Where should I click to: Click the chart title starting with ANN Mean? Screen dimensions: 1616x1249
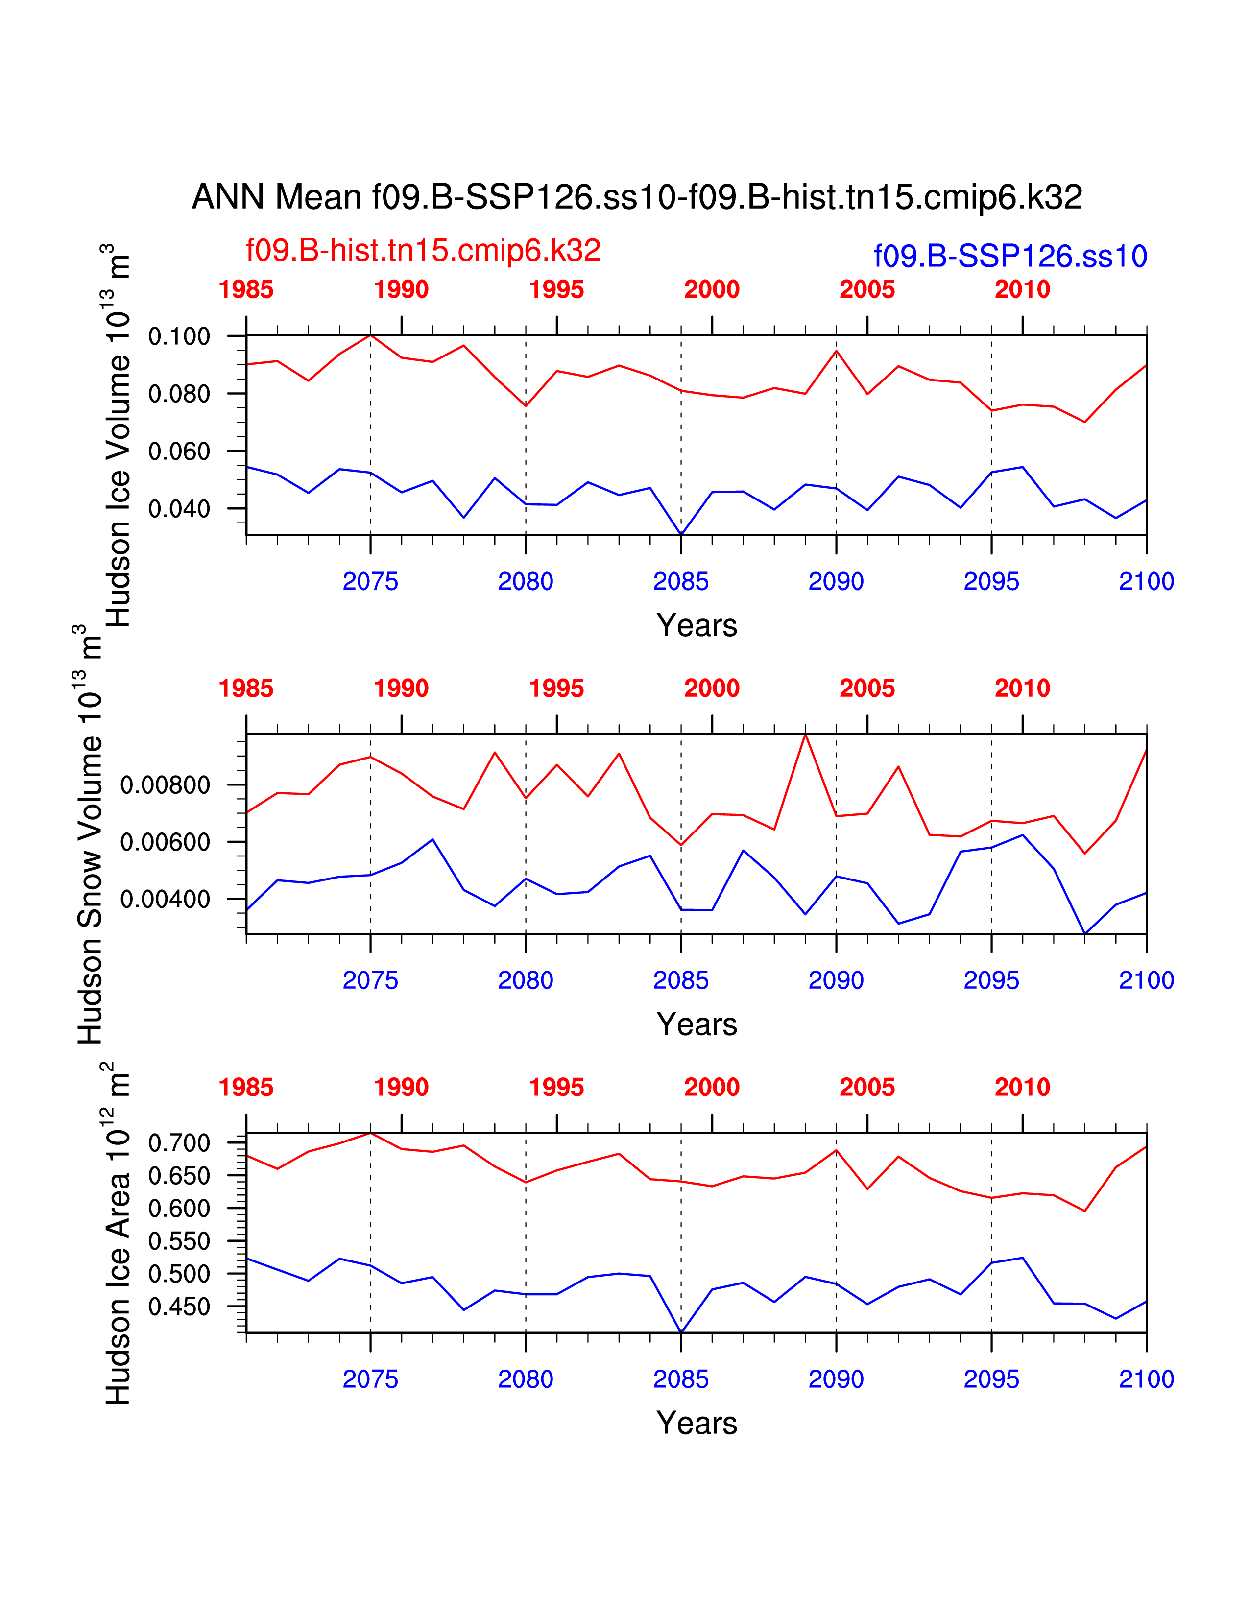tap(637, 197)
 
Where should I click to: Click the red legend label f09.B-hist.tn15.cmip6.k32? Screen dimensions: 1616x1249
tap(423, 251)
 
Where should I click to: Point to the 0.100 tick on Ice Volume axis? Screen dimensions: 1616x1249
tap(179, 337)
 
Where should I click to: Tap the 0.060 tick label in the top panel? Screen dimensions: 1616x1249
tap(179, 452)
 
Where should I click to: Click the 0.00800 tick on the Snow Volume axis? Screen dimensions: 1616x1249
tap(165, 785)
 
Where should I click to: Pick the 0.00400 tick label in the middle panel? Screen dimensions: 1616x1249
tap(165, 900)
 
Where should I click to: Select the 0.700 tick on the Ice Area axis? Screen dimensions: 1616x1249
tap(179, 1143)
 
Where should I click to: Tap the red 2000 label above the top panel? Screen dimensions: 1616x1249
tap(712, 289)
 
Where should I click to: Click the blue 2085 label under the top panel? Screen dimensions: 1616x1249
tap(681, 582)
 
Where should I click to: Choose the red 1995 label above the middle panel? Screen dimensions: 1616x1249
tap(556, 689)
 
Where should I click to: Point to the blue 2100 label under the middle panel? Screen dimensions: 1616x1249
tap(1146, 980)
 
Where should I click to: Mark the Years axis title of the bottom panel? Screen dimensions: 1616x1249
tap(697, 1424)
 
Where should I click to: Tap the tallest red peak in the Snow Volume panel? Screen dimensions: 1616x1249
tap(805, 735)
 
